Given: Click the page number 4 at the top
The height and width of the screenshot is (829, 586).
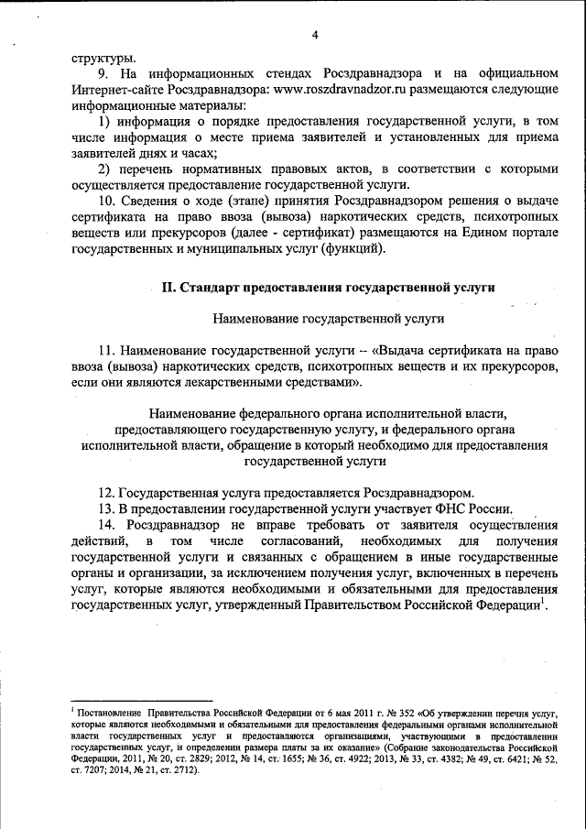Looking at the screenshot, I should click(314, 36).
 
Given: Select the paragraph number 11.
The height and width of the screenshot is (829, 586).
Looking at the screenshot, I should click(106, 351).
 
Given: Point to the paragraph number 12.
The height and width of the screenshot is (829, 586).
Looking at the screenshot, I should click(106, 492).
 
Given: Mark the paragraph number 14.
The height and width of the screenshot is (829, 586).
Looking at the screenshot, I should click(106, 525).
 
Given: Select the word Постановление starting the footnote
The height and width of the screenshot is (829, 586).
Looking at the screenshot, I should click(107, 712).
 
